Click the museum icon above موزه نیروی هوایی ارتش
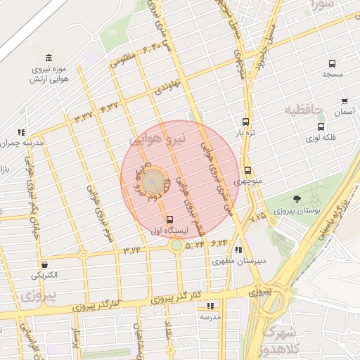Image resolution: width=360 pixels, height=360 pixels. (48, 58)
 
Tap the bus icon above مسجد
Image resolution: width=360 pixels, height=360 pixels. (332, 63)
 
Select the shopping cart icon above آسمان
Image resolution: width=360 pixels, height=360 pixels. (345, 101)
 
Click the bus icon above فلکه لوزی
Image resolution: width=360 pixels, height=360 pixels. (321, 127)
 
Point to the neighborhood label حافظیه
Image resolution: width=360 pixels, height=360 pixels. (304, 110)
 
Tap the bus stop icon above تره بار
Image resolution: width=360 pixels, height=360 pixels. (245, 121)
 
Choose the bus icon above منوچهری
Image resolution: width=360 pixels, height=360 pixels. (247, 170)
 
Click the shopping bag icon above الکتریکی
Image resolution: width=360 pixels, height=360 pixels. (45, 265)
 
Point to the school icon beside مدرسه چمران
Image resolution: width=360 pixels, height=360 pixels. (21, 131)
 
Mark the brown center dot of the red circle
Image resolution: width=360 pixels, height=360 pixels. (156, 179)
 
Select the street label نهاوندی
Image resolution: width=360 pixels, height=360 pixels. (168, 88)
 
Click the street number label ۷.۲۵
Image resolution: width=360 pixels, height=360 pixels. (257, 217)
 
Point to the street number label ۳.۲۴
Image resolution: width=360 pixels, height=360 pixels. (133, 249)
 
